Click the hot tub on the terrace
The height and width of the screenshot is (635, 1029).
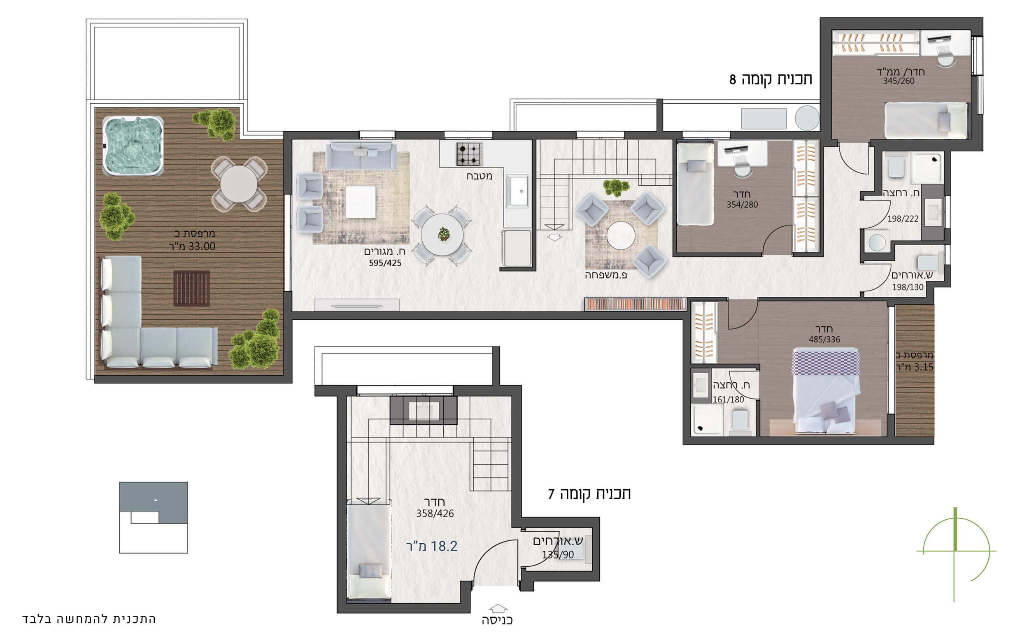(133, 146)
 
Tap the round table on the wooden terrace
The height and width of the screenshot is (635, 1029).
(239, 184)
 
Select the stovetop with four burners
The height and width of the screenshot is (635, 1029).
(469, 154)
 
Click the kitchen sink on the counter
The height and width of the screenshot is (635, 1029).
(517, 191)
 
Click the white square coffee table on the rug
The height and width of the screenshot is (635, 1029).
(361, 202)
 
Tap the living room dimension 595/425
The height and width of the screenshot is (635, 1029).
(385, 263)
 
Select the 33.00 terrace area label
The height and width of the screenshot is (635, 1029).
(192, 247)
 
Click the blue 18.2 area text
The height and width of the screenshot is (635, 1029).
(432, 546)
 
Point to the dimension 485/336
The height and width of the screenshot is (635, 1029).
(824, 340)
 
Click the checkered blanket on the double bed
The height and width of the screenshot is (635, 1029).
(825, 363)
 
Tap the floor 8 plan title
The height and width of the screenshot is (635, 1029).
(771, 79)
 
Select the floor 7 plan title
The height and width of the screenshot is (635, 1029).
(589, 494)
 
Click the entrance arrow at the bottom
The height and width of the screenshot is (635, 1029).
(498, 608)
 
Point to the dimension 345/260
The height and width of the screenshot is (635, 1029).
(899, 81)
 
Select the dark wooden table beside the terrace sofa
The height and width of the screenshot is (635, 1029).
(191, 288)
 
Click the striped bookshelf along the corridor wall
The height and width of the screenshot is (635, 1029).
(635, 304)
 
